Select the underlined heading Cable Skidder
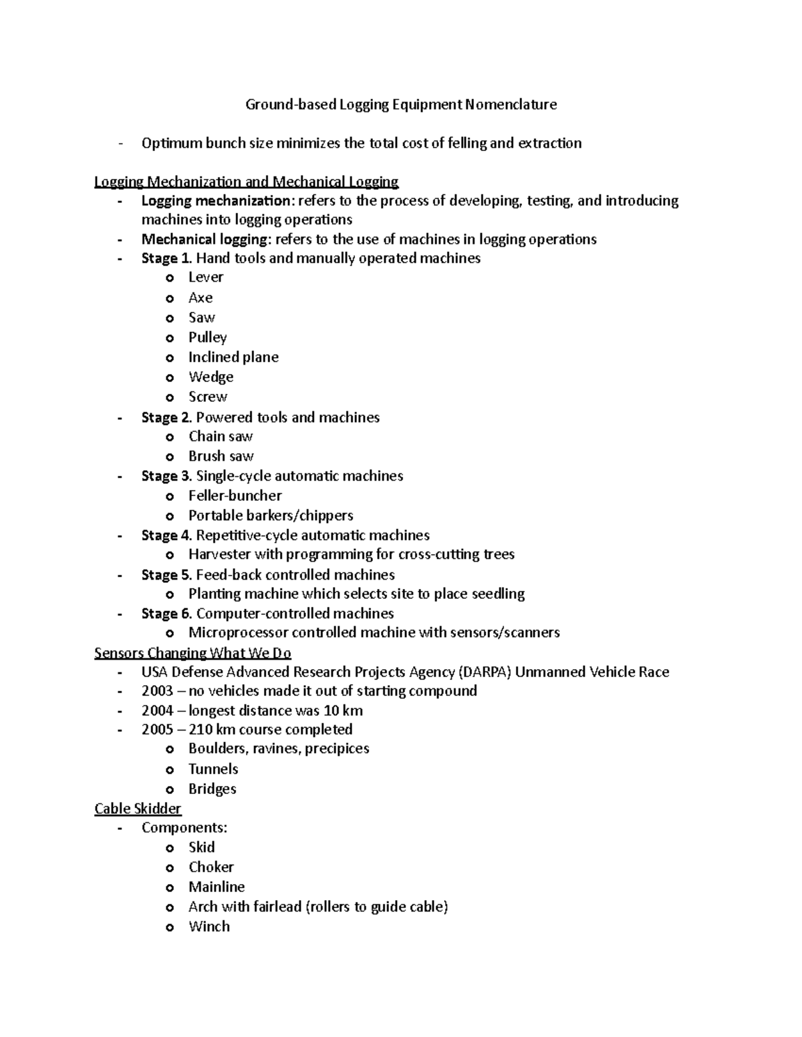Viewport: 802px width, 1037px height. coord(138,809)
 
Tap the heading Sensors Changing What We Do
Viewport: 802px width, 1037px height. coord(192,653)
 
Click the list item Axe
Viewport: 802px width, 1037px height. coord(200,298)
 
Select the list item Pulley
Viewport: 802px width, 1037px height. coord(207,338)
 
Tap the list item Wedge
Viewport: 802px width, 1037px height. coord(211,377)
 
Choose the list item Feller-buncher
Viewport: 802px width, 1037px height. coord(235,495)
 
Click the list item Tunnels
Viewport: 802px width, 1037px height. coord(213,769)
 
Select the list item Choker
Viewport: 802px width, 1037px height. coord(211,867)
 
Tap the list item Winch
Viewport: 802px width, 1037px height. coord(209,927)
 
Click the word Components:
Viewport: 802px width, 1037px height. coord(184,828)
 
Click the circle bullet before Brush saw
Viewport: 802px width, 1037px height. coord(170,457)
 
